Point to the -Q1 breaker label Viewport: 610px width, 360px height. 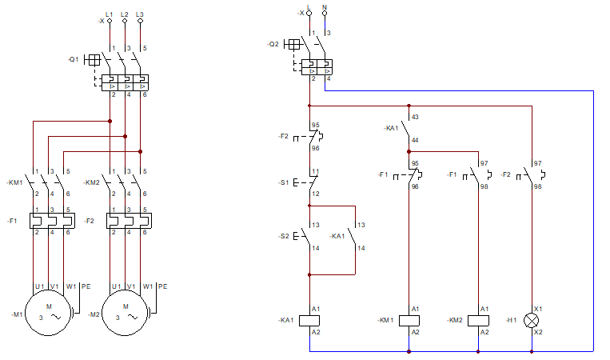pyautogui.click(x=73, y=59)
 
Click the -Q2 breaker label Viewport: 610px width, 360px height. pyautogui.click(x=273, y=44)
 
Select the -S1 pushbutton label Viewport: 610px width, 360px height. pyautogui.click(x=284, y=182)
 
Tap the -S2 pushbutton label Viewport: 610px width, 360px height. pyautogui.click(x=284, y=236)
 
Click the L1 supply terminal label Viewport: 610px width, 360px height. pyautogui.click(x=109, y=14)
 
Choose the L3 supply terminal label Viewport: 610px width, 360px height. pyautogui.click(x=140, y=14)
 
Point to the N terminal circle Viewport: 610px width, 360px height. pyautogui.click(x=325, y=14)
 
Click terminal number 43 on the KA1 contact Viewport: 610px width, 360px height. pyautogui.click(x=415, y=117)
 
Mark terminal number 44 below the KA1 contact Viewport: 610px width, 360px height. pyautogui.click(x=415, y=140)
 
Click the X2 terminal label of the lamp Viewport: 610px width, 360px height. pyautogui.click(x=538, y=332)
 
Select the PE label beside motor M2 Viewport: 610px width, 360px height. pyautogui.click(x=162, y=286)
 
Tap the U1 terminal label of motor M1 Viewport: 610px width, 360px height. pyautogui.click(x=40, y=286)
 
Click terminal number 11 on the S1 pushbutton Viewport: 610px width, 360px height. pyautogui.click(x=316, y=171)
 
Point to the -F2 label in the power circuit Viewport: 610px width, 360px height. pyautogui.click(x=90, y=221)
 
